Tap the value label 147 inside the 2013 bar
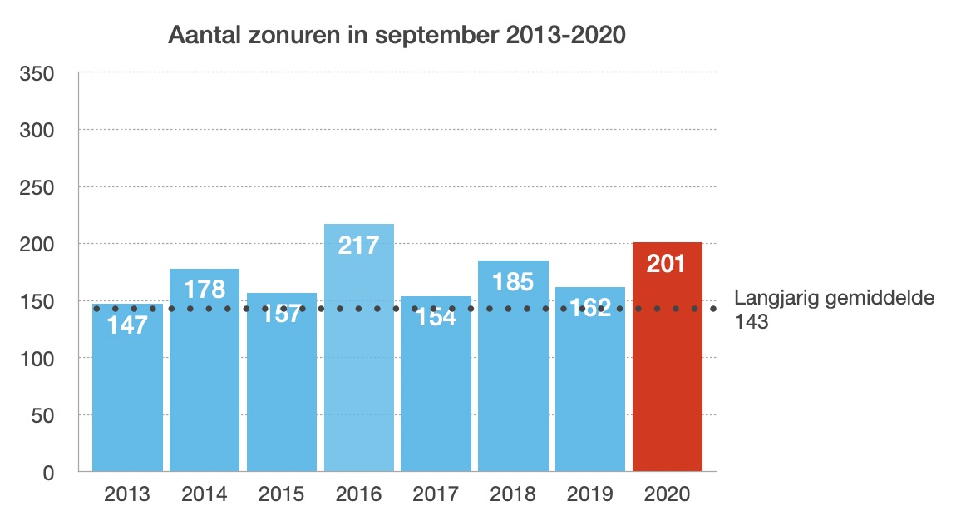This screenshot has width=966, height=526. tap(127, 325)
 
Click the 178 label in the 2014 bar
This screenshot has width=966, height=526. tap(205, 290)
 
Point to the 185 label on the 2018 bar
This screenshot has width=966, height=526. tap(513, 281)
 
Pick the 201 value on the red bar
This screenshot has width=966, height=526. tap(668, 264)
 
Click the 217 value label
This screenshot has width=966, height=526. tap(359, 245)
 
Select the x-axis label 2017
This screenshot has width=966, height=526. tap(436, 494)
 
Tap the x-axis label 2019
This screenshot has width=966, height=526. tap(590, 494)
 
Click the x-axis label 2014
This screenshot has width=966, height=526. tap(205, 494)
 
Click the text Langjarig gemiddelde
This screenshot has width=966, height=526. tap(835, 298)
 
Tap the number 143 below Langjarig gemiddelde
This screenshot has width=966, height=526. tap(752, 322)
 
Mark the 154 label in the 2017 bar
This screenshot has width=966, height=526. tap(436, 316)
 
